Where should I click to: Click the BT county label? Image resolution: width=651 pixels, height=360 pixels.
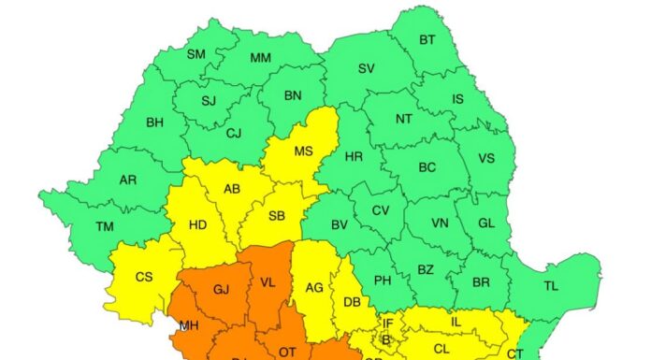pyautogui.click(x=427, y=39)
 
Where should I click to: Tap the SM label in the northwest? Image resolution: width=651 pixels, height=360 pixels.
pyautogui.click(x=195, y=54)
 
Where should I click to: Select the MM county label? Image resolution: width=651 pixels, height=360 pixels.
pyautogui.click(x=260, y=58)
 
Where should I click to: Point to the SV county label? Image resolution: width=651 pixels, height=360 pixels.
pyautogui.click(x=366, y=68)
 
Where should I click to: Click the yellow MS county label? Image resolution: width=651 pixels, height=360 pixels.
pyautogui.click(x=303, y=151)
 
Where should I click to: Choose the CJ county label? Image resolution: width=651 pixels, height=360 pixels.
pyautogui.click(x=233, y=133)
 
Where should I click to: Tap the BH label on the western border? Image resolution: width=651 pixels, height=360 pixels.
pyautogui.click(x=154, y=121)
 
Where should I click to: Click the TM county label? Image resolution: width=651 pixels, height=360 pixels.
pyautogui.click(x=106, y=225)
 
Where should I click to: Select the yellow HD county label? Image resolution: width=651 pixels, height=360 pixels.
pyautogui.click(x=198, y=224)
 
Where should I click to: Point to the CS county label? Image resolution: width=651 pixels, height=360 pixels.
pyautogui.click(x=144, y=277)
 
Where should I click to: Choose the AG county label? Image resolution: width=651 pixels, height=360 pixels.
pyautogui.click(x=314, y=287)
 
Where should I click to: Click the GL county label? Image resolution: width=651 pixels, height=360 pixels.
pyautogui.click(x=486, y=223)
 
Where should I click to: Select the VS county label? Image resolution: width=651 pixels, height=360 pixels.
pyautogui.click(x=486, y=158)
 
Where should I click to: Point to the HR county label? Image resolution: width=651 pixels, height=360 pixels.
pyautogui.click(x=354, y=156)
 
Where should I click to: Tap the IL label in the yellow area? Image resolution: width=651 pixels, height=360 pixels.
pyautogui.click(x=456, y=322)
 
